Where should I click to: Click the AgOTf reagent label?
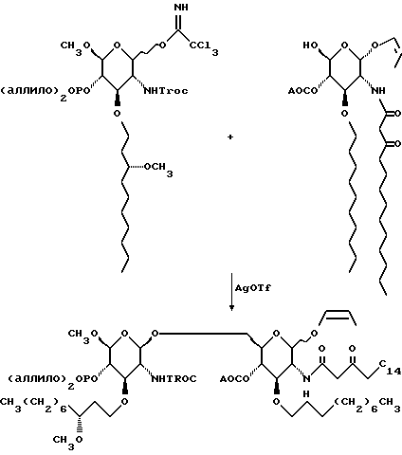(253, 288)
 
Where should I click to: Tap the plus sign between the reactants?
(230, 137)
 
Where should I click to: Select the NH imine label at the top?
(181, 7)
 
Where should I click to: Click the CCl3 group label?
(204, 47)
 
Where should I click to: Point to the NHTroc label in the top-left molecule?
(166, 91)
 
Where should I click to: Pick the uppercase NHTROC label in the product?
(174, 378)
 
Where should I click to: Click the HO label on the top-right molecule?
(310, 45)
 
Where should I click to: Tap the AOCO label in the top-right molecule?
(302, 91)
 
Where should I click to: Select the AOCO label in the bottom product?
(234, 378)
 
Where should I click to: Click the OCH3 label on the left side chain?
(158, 169)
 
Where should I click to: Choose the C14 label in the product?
(390, 367)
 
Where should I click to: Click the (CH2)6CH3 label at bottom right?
(367, 406)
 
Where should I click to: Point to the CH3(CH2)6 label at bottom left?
(33, 406)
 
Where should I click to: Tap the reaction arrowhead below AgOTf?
(231, 307)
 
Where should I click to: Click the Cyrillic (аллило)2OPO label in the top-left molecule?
(45, 94)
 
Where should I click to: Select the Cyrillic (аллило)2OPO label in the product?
(52, 381)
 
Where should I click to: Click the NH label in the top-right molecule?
(378, 91)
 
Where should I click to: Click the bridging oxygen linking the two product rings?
(155, 334)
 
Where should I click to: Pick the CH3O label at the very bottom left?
(67, 443)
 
